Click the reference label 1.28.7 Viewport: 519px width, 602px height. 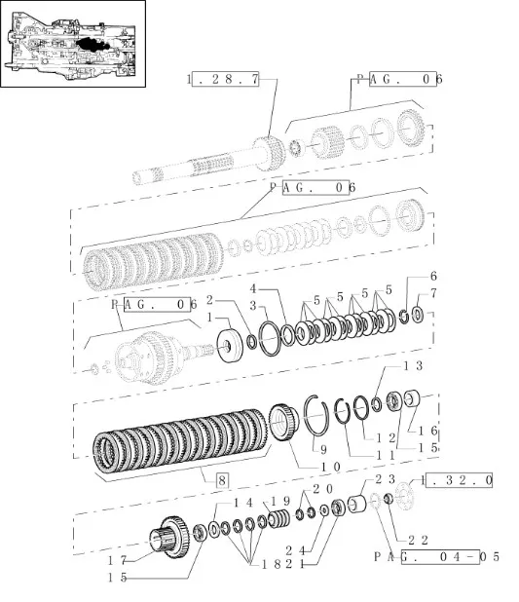[224, 79]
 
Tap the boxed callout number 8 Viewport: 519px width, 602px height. [222, 480]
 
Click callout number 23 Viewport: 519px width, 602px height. [383, 479]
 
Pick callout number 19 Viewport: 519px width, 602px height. [280, 501]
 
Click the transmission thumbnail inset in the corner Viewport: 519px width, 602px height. [73, 44]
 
